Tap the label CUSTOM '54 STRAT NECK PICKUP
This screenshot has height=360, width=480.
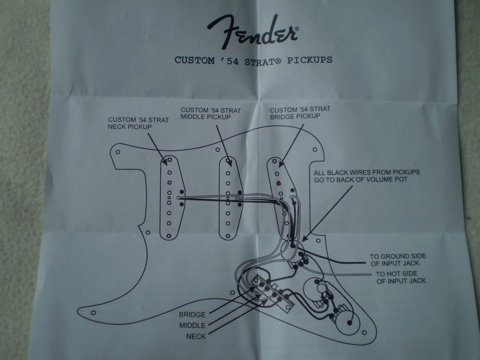pos(138,123)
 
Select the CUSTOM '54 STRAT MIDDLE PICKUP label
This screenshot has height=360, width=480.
pos(206,113)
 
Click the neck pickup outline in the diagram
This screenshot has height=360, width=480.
pos(172,197)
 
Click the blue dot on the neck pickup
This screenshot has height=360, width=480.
pos(169,182)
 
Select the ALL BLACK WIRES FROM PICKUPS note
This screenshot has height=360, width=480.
pos(366,175)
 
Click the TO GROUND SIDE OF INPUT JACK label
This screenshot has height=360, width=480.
pos(397,259)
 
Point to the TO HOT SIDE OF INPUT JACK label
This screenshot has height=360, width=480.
pos(400,277)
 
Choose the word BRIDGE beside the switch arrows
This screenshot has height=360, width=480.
pos(192,315)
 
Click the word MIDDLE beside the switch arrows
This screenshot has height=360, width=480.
pos(192,325)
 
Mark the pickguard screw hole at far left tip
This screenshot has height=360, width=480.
pos(93,313)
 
